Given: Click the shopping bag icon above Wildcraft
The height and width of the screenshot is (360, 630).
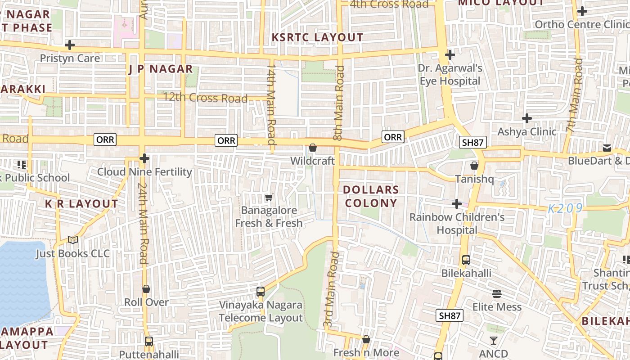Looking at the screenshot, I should click(x=313, y=148).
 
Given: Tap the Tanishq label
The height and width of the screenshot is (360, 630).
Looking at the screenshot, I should click(x=474, y=179).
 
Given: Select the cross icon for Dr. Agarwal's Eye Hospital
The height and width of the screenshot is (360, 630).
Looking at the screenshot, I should click(x=450, y=55).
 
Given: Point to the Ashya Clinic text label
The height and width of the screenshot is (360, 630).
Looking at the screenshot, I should click(x=526, y=132).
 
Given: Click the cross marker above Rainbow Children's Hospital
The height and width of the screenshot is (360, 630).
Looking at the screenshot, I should click(x=457, y=204).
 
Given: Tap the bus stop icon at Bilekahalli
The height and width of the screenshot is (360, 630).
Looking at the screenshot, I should click(x=466, y=260).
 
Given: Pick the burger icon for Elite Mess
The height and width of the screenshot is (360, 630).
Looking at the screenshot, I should click(x=497, y=294).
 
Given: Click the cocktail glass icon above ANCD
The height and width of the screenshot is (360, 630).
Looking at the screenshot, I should click(x=494, y=341).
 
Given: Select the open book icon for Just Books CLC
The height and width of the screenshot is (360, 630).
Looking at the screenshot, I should click(x=73, y=240).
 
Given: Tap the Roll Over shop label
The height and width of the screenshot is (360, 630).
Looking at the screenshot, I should click(x=146, y=302).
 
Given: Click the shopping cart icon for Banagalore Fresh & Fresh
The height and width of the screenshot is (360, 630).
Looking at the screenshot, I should click(x=269, y=197).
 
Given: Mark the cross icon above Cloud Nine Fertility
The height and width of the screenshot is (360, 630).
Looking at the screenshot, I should click(x=144, y=158).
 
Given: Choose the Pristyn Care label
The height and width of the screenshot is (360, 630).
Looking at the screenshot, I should click(x=70, y=58).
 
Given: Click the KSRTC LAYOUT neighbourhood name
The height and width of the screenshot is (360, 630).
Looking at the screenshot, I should click(x=317, y=37).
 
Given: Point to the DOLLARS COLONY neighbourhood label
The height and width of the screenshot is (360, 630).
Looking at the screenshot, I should click(x=371, y=196).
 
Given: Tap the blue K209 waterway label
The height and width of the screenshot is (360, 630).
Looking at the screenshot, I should click(x=565, y=208).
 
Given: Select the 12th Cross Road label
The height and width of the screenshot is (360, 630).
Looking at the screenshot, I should click(x=205, y=98).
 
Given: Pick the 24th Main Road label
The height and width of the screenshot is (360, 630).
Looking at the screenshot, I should click(x=143, y=223).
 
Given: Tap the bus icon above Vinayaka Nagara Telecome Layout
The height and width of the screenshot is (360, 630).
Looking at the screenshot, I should click(x=261, y=291).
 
